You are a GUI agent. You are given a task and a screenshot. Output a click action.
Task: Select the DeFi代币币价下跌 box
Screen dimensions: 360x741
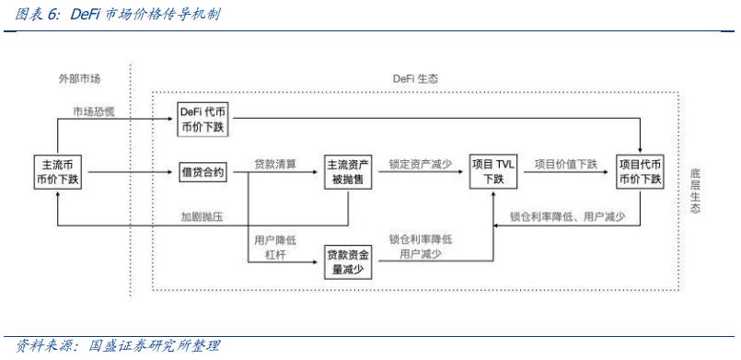tap(203, 120)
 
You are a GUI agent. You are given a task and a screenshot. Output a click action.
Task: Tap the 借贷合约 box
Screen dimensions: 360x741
tap(203, 171)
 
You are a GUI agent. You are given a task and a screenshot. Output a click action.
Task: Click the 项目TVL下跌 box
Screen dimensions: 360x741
tap(494, 171)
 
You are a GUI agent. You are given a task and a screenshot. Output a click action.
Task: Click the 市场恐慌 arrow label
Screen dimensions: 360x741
tap(97, 111)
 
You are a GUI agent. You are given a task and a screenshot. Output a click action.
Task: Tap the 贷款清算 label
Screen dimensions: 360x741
tap(274, 163)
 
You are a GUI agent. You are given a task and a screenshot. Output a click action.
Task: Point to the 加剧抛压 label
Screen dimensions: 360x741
tap(203, 216)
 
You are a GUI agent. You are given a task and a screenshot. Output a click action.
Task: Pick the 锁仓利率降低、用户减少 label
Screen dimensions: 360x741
tap(568, 217)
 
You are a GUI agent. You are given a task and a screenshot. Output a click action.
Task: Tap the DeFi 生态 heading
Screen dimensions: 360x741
tap(412, 79)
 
